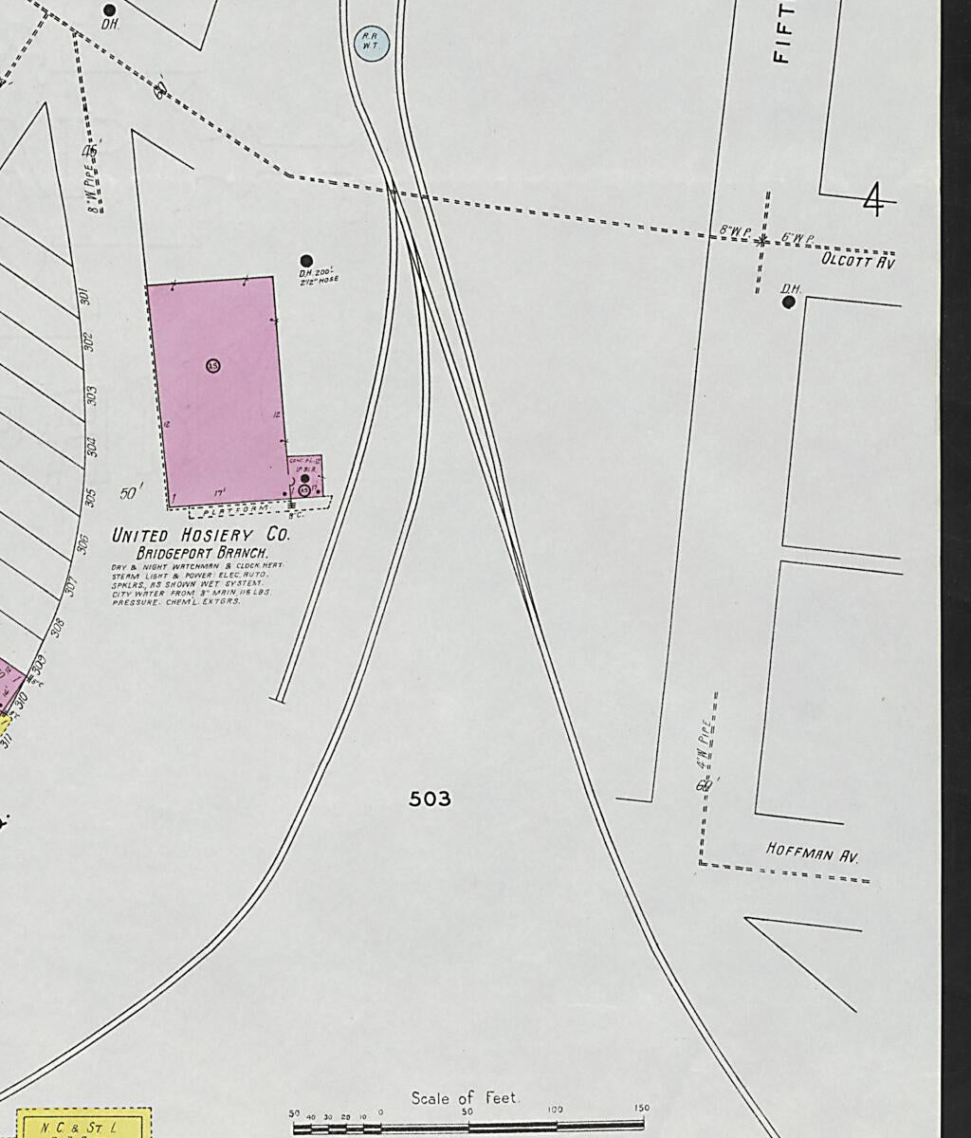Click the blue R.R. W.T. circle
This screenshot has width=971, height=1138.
click(x=371, y=43)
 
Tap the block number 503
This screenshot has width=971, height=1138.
click(x=430, y=799)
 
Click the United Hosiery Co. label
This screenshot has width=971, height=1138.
click(x=201, y=535)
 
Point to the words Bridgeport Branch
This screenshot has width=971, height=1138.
click(x=202, y=552)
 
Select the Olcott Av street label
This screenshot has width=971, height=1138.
click(x=857, y=259)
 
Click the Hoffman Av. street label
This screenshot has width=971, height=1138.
click(x=812, y=853)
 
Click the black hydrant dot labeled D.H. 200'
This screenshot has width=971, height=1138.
click(x=306, y=261)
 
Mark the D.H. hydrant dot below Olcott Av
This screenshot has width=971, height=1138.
click(x=789, y=303)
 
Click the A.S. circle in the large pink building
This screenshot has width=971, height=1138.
click(x=212, y=365)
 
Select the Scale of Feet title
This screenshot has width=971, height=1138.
click(x=465, y=1098)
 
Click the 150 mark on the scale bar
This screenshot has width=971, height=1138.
click(x=642, y=1110)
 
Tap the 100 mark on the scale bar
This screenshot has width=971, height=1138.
click(x=556, y=1110)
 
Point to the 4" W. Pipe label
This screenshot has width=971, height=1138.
click(x=704, y=744)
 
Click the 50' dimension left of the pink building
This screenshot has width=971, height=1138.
click(x=131, y=493)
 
